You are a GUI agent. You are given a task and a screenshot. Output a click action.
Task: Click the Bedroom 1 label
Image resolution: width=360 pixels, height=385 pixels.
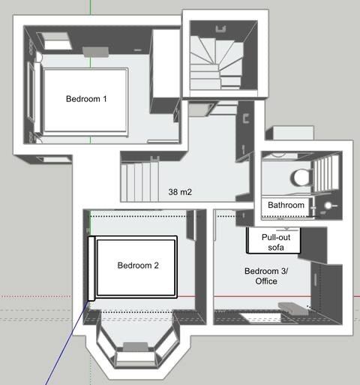point(86,99)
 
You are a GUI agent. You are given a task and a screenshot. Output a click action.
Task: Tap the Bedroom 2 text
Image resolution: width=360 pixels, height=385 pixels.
point(138,266)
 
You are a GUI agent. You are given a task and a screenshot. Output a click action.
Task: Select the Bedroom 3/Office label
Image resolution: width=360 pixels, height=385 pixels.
point(266,276)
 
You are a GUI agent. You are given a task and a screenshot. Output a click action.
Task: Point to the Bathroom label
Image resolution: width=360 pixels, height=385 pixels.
point(286,205)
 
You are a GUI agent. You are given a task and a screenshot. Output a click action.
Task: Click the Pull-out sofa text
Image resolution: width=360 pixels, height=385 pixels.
point(276,242)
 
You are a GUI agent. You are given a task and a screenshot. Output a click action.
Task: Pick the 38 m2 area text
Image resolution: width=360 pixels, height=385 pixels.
point(180,192)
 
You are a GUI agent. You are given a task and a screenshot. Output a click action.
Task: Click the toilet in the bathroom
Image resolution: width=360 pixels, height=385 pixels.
point(302,177)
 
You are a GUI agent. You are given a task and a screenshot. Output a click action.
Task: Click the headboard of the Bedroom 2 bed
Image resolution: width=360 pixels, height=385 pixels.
point(91,269)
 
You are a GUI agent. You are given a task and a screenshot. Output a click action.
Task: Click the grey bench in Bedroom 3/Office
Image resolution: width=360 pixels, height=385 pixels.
point(293,310)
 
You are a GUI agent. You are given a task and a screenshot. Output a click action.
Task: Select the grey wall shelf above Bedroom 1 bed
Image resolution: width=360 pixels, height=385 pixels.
point(96,52)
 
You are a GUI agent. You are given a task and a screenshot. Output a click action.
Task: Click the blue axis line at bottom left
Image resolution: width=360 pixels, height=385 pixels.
point(67,343)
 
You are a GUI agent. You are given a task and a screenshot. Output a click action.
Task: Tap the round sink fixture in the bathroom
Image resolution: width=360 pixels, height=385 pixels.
point(328,206)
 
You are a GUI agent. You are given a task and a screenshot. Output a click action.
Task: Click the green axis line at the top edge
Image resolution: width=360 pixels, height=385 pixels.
point(90,7)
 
